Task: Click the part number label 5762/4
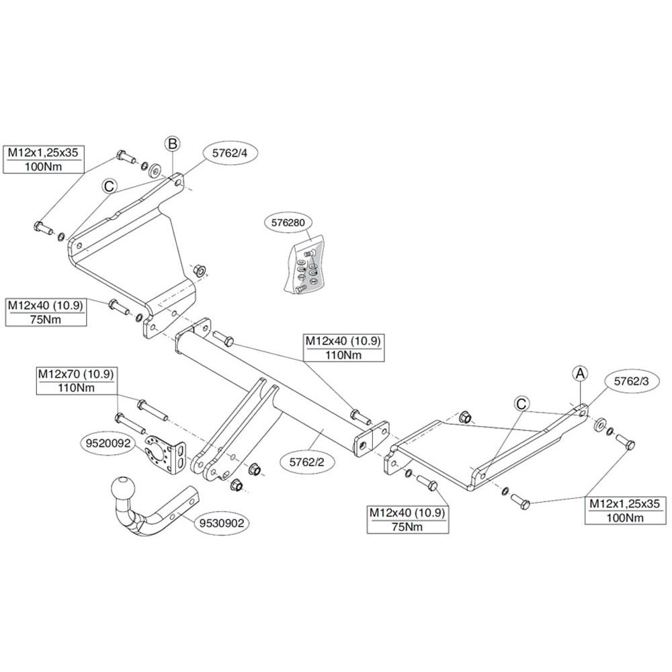click(x=230, y=153)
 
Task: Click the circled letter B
click(x=173, y=143)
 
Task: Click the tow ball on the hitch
click(x=125, y=487)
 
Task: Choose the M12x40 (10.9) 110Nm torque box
click(x=343, y=348)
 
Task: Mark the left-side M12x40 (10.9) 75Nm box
click(x=46, y=312)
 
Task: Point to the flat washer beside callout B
click(x=156, y=168)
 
